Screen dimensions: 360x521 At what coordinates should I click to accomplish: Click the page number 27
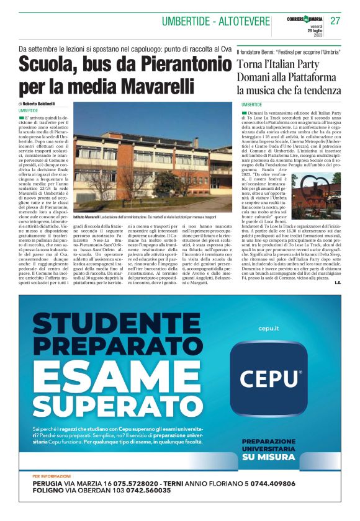pos(335,20)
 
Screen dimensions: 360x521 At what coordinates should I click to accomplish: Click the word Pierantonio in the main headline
pos(174,64)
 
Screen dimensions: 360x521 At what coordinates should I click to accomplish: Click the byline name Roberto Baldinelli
pos(38,103)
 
